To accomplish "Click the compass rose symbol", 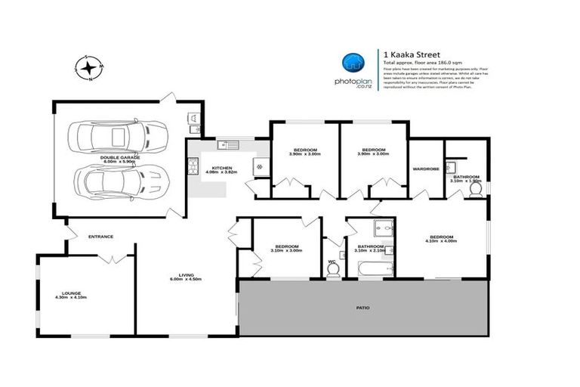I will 90,70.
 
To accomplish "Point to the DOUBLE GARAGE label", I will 117,159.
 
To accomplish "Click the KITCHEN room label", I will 221,169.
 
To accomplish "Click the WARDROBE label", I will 426,169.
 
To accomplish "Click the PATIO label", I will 363,308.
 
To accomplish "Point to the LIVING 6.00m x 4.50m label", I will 180,277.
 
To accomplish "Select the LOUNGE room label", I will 71,295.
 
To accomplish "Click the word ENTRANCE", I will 100,237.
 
